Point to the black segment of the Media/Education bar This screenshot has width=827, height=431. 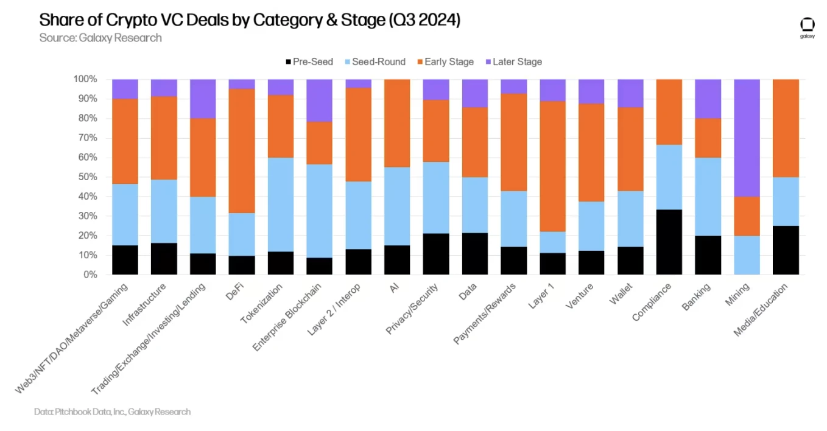(x=786, y=250)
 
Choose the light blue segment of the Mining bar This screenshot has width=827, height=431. (x=747, y=255)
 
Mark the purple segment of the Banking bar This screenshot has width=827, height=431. (x=708, y=99)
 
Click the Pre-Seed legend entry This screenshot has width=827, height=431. (x=309, y=61)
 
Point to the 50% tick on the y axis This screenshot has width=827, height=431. (x=85, y=177)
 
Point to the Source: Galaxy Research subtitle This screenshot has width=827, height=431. (x=100, y=38)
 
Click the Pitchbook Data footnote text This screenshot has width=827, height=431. (x=113, y=412)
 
